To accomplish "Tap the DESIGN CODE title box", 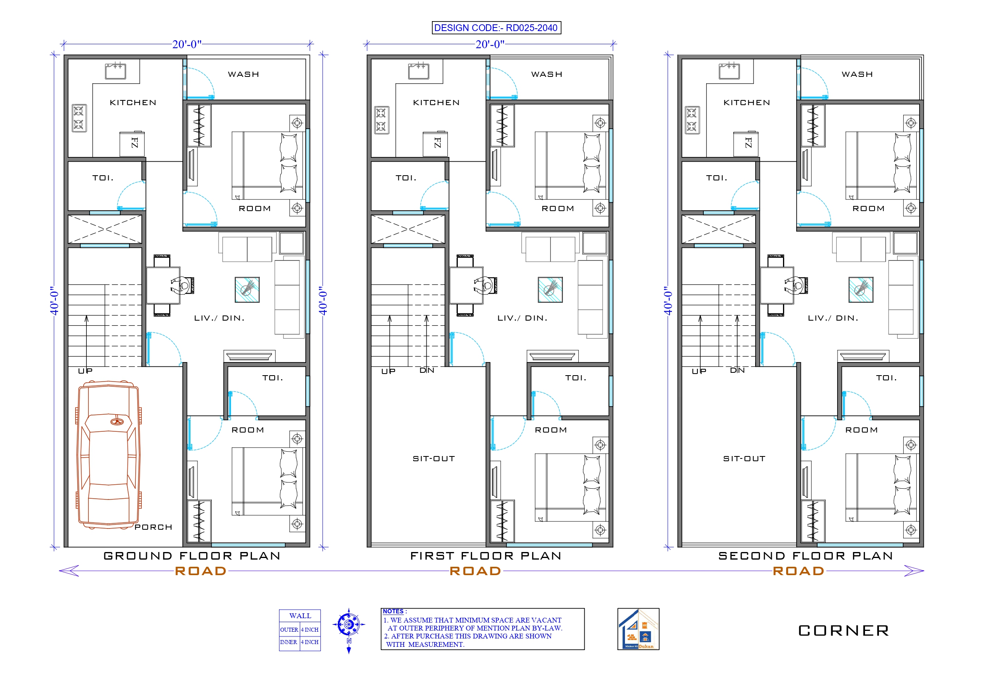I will pyautogui.click(x=496, y=28).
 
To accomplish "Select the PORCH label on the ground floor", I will pyautogui.click(x=153, y=527).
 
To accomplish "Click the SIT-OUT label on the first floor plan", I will pyautogui.click(x=434, y=459).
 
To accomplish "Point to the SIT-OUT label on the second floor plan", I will pyautogui.click(x=744, y=459).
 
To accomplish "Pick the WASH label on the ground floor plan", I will pyautogui.click(x=244, y=74).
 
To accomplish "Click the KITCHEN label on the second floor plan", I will pyautogui.click(x=747, y=102).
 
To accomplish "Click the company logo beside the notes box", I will pyautogui.click(x=638, y=629).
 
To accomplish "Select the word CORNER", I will pyautogui.click(x=844, y=631).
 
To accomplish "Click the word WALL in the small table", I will pyautogui.click(x=300, y=616).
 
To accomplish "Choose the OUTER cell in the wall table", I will pyautogui.click(x=289, y=630).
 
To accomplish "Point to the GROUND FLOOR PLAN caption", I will pyautogui.click(x=192, y=556).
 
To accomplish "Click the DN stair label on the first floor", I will pyautogui.click(x=427, y=370).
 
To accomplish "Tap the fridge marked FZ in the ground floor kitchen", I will pyautogui.click(x=132, y=143).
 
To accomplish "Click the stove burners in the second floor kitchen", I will pyautogui.click(x=692, y=120).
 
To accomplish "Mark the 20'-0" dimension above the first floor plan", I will pyautogui.click(x=490, y=44).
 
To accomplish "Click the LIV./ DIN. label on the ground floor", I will pyautogui.click(x=219, y=318).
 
